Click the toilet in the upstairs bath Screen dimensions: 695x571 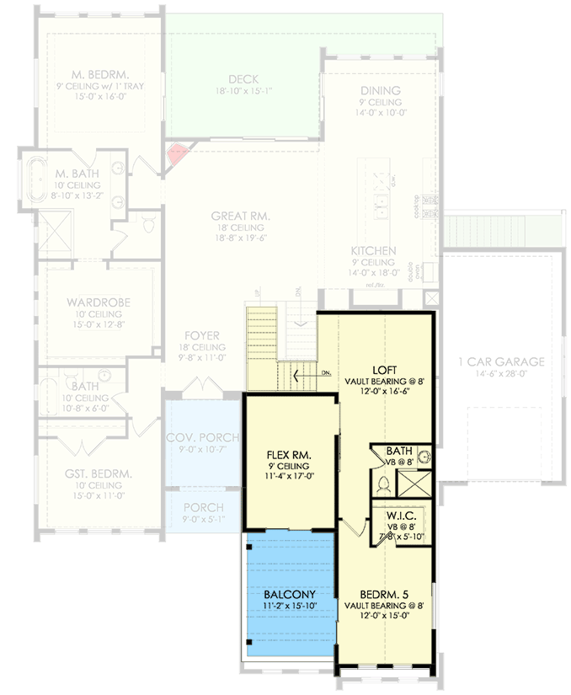[x=383, y=485]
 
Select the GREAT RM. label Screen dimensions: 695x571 [x=240, y=216]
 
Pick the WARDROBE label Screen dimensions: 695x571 [x=96, y=302]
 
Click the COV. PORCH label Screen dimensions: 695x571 [x=202, y=438]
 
